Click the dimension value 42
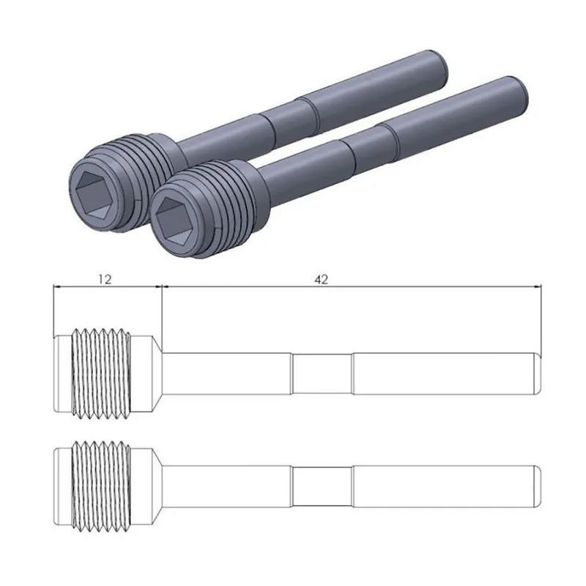pos(321,278)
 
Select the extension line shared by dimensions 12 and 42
pos(161,315)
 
